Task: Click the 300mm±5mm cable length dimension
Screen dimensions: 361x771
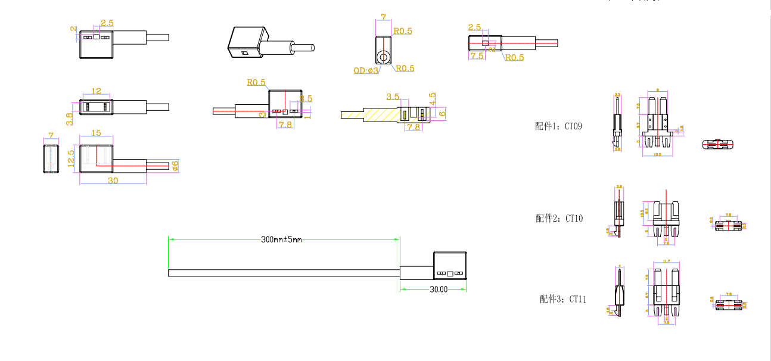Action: (282, 239)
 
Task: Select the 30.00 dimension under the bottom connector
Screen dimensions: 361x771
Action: (439, 290)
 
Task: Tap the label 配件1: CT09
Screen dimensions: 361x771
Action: (559, 126)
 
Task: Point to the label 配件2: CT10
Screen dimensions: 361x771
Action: (559, 219)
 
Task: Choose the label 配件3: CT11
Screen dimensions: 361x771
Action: (562, 299)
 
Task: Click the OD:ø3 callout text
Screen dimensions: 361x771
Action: (366, 70)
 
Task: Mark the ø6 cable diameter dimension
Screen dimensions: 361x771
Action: (175, 165)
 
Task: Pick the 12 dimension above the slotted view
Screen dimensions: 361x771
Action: (96, 91)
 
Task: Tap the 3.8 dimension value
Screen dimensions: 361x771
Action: (70, 119)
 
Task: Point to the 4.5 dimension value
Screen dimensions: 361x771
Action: (433, 98)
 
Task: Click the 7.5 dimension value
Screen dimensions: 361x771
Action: (477, 56)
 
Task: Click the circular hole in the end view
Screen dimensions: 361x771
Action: (383, 57)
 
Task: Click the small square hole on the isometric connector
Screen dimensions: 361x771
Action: (244, 54)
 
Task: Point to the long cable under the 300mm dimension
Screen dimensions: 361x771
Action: (283, 273)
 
